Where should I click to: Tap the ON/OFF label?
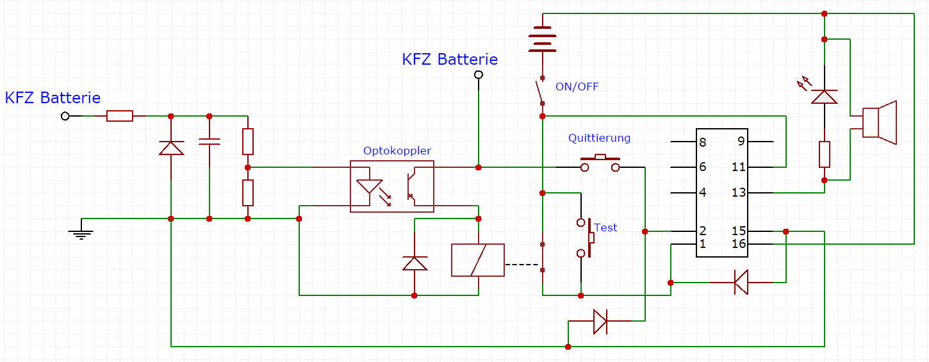pos(577,86)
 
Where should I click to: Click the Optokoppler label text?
pos(397,151)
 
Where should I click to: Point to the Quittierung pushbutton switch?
pos(600,163)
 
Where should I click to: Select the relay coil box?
pos(478,259)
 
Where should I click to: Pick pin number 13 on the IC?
pos(739,192)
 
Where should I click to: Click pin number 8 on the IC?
pos(703,142)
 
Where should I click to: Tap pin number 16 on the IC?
pos(739,244)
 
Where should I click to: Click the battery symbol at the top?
pos(542,38)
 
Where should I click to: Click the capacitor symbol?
pos(210,141)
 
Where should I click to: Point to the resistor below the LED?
pos(825,154)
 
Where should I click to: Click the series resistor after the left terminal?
pos(120,116)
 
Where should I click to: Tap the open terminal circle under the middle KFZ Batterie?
pos(478,75)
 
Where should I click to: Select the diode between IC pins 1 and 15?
pos(741,282)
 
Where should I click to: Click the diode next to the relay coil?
pos(414,263)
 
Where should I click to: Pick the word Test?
pos(605,227)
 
